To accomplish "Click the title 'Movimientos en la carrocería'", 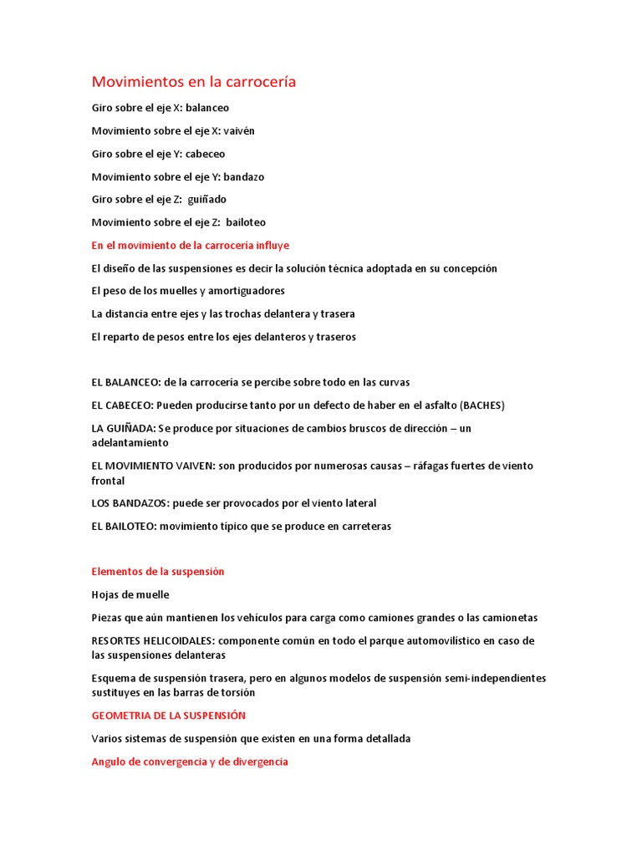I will coord(193,82).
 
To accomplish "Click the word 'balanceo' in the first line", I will coord(207,108).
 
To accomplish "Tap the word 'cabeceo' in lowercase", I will coord(206,154).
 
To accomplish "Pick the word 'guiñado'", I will coord(207,200).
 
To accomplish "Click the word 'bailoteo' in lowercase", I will coord(246,222).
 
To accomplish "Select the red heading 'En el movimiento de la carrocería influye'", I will coord(190,245).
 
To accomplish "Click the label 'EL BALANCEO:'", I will coord(125,382).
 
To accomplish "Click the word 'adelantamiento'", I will coord(130,443).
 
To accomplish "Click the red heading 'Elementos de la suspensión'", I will coord(158,572).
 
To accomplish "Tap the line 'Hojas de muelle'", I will coord(130,595).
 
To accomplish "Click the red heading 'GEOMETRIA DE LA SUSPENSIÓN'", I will coord(168,716).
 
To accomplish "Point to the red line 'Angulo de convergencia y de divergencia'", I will coord(190,762).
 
